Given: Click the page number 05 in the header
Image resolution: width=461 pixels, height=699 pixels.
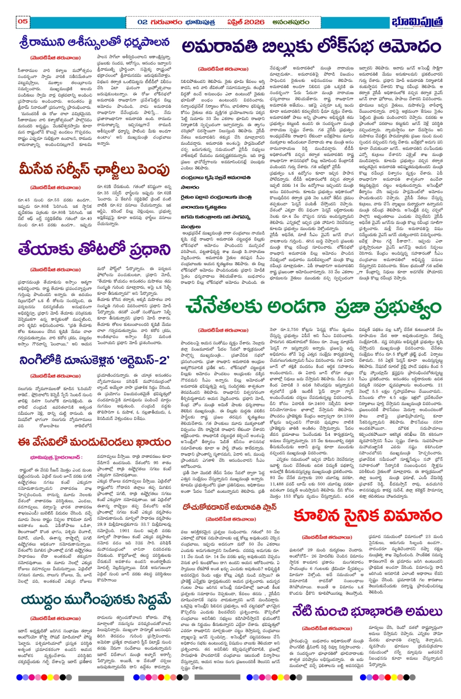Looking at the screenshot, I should click(x=22, y=21).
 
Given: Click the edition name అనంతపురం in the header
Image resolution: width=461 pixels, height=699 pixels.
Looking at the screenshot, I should click(x=289, y=22).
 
